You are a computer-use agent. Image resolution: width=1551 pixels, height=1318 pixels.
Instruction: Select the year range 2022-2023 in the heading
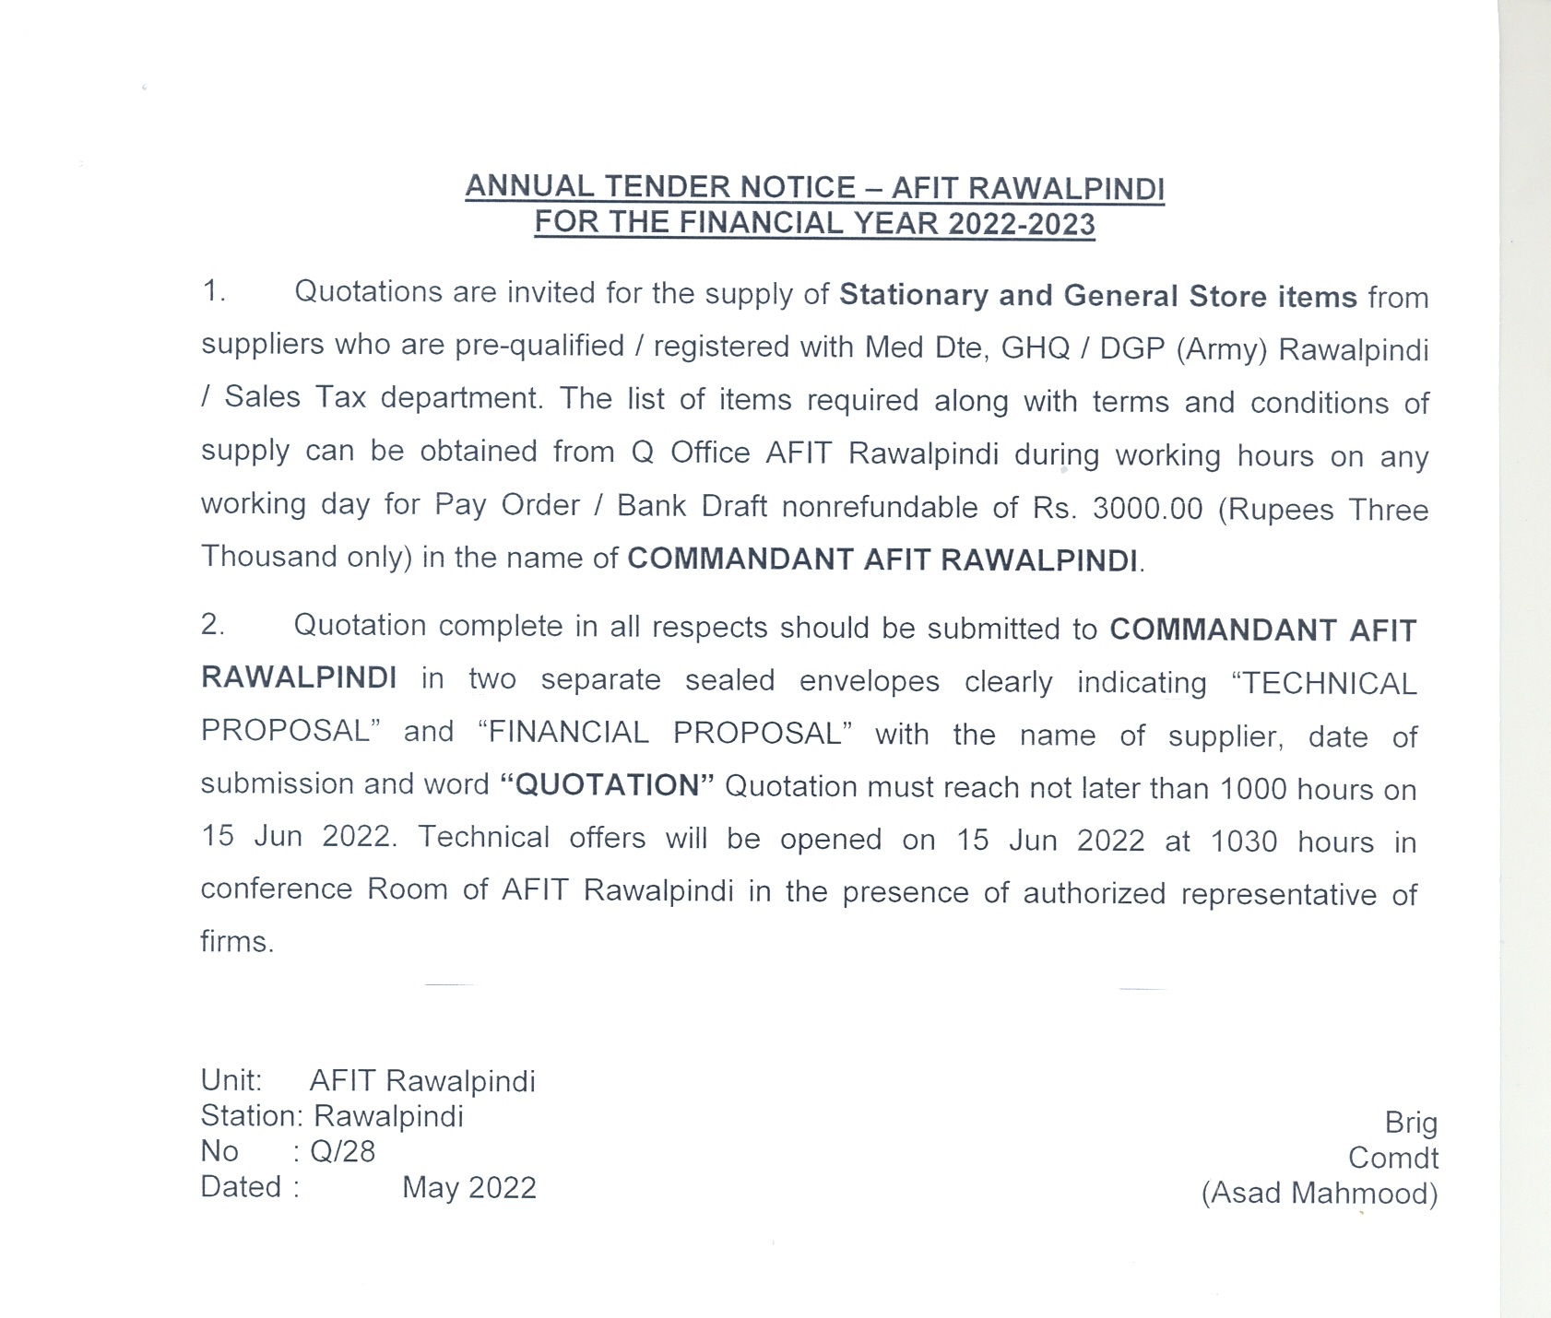coord(1022,224)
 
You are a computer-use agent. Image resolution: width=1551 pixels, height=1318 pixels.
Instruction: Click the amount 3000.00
coord(1147,509)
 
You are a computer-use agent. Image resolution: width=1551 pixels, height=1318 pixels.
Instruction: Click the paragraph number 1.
coord(213,291)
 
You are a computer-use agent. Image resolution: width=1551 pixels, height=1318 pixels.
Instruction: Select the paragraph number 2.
coord(213,625)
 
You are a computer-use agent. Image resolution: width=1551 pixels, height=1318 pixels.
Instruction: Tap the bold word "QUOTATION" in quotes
coord(608,785)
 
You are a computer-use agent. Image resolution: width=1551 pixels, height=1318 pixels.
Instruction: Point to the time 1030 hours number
coord(1243,841)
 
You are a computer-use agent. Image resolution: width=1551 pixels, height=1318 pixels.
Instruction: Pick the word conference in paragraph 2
coord(277,889)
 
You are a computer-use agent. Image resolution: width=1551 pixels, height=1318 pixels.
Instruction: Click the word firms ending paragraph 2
coord(236,942)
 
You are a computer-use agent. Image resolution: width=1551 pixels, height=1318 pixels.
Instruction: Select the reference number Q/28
coord(343,1152)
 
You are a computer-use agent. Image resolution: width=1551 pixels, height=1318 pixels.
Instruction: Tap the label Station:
coord(252,1117)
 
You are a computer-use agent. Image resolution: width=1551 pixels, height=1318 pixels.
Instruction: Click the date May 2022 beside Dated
coord(468,1188)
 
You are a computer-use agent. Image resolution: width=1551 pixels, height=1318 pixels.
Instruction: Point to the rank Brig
coord(1411,1124)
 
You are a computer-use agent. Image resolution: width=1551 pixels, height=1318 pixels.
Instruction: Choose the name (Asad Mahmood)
coord(1319,1194)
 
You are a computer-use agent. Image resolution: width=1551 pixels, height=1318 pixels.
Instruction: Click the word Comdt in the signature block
coord(1392,1159)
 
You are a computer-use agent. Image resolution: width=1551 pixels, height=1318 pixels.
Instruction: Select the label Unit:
coord(231,1081)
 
